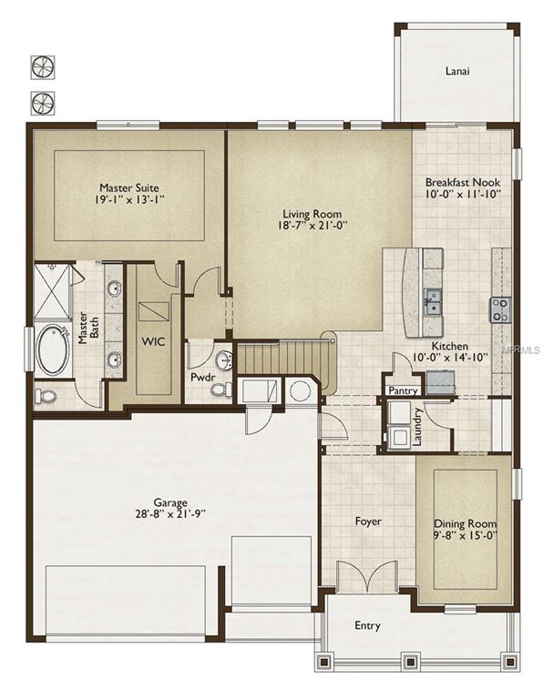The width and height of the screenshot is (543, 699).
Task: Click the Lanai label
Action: pos(457,71)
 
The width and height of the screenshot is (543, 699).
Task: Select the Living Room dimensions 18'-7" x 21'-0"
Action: pos(311,227)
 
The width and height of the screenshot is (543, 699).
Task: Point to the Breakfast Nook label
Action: pos(462,181)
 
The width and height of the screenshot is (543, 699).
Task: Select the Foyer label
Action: pos(367,522)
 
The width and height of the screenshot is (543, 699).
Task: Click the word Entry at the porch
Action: pos(367,626)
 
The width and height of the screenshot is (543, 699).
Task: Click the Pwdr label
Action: pos(201,376)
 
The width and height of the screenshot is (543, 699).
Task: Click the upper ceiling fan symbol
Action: pos(43,66)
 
